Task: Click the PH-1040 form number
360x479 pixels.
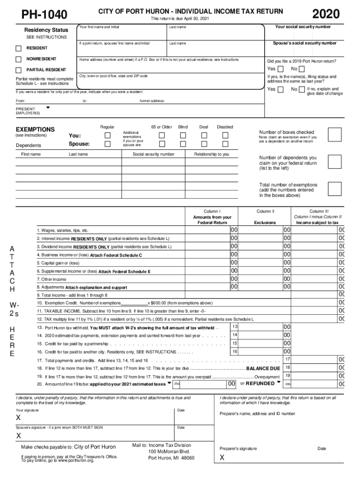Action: (x=45, y=15)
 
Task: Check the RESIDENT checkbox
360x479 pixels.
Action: (x=19, y=48)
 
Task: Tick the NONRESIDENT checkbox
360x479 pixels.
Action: (x=19, y=59)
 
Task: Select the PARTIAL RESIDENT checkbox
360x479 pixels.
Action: (x=19, y=70)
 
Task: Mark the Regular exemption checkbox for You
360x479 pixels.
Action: (x=108, y=135)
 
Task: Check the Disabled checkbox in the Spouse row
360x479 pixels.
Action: (x=225, y=144)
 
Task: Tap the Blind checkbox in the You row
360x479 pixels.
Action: (x=183, y=135)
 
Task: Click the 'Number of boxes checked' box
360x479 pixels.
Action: (x=334, y=135)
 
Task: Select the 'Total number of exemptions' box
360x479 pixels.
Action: (x=334, y=189)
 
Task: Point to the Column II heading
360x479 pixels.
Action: (x=265, y=211)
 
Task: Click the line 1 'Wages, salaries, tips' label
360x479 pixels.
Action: (x=63, y=231)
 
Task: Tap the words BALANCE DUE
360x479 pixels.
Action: (x=263, y=369)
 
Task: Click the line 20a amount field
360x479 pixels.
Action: (x=205, y=384)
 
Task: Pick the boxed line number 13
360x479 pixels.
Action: (x=235, y=327)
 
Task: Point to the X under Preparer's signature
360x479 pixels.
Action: (x=222, y=457)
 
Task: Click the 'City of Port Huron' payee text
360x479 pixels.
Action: (x=95, y=447)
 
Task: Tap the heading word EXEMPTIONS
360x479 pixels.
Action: (x=35, y=129)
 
